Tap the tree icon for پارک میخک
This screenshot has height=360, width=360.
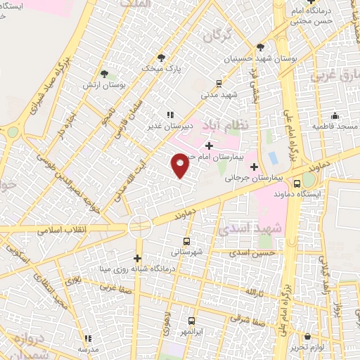point(162,57)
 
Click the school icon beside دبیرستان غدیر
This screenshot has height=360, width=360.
point(169,115)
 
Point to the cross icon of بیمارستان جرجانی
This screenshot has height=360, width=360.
point(254,167)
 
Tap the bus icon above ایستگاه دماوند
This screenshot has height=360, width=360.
point(298,182)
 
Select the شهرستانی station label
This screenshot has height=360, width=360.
point(187,251)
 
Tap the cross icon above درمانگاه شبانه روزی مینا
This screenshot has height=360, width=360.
point(138,257)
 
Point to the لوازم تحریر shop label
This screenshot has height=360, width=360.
point(307,347)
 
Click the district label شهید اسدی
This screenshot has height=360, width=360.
point(259,229)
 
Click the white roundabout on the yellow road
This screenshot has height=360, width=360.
point(139,226)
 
